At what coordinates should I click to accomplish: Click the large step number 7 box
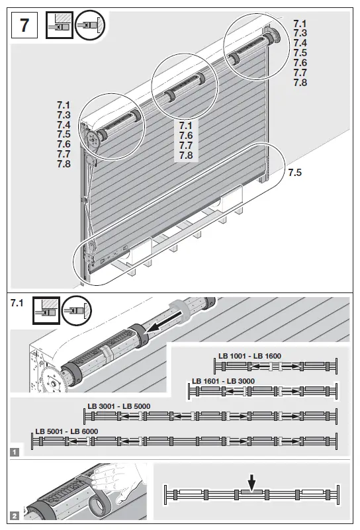26,26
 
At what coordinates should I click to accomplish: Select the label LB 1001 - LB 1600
249,357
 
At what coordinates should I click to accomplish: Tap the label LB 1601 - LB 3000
223,382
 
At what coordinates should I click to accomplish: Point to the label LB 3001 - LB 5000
119,406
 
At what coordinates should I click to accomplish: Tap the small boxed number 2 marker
14,515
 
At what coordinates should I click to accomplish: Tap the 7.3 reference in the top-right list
300,33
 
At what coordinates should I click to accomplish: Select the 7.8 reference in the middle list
186,155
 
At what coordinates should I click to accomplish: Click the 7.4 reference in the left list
64,125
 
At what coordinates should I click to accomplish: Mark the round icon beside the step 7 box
90,26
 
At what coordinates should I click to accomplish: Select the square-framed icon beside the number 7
58,26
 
